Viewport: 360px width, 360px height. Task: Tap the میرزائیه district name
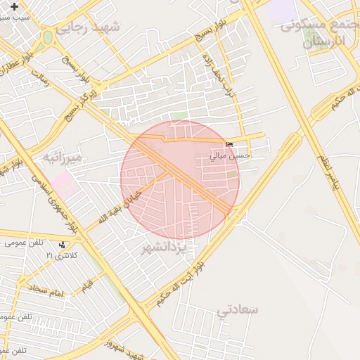click(63, 157)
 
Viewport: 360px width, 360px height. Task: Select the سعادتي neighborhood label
click(238, 309)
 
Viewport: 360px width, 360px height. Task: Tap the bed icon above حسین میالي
click(229, 145)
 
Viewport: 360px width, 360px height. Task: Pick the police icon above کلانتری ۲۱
click(63, 245)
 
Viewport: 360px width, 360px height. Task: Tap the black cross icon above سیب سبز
click(15, 6)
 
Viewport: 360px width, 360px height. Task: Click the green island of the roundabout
click(47, 37)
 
